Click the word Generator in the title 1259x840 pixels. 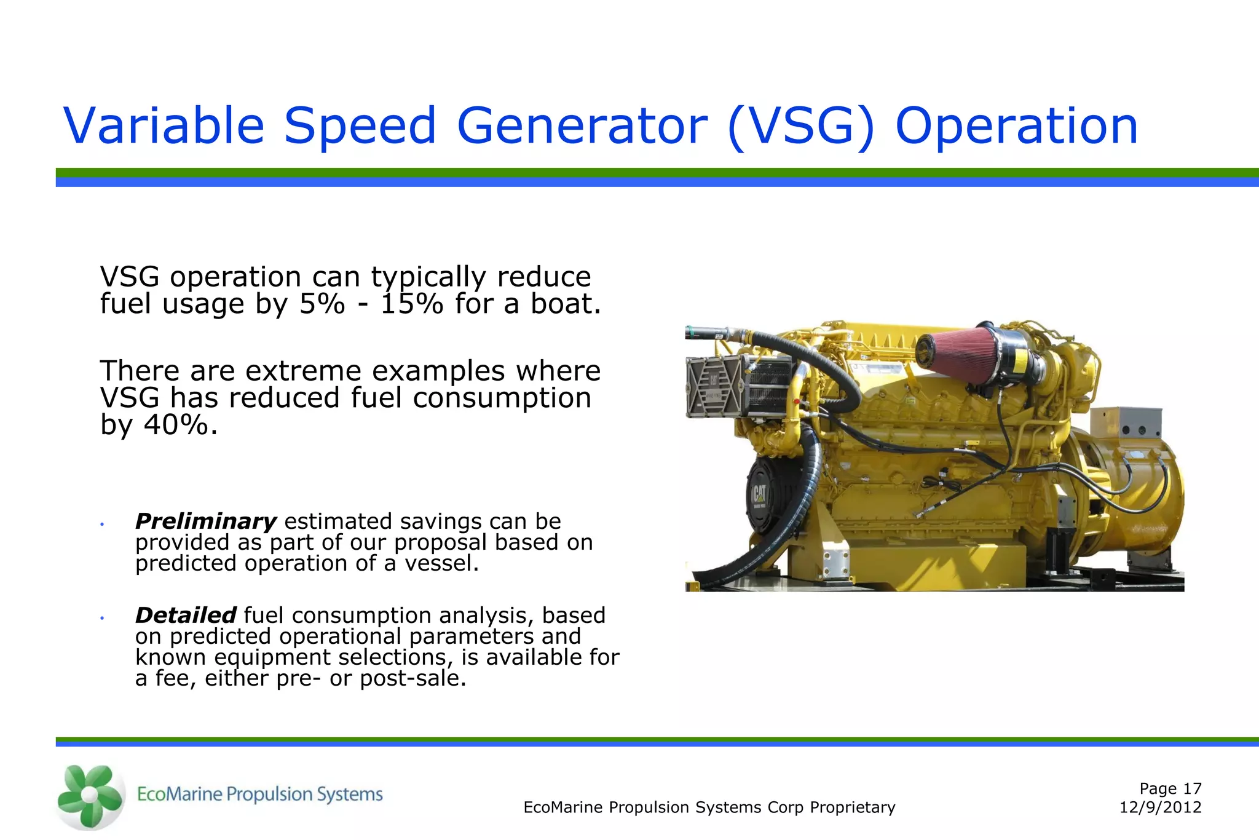coord(582,126)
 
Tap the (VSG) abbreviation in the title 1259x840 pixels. coord(801,126)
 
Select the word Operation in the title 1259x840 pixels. coord(1016,126)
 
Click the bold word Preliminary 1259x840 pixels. coord(205,521)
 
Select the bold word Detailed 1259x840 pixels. coord(186,615)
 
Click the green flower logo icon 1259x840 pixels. coord(90,796)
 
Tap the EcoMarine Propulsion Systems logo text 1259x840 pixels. coord(259,794)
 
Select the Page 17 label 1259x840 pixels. coord(1170,788)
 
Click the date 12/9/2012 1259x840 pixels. coord(1160,807)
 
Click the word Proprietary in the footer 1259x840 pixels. coord(852,807)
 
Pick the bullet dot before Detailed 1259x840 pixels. coord(102,618)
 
